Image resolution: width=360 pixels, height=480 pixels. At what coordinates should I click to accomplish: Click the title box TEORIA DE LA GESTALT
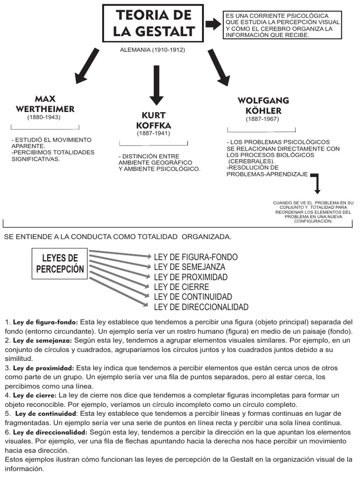[153, 23]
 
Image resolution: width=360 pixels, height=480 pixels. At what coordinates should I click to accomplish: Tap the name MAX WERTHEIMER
[45, 104]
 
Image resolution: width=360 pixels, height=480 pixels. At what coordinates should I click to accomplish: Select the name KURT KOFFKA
[153, 120]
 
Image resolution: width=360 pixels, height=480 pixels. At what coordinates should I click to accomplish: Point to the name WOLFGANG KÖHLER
[263, 106]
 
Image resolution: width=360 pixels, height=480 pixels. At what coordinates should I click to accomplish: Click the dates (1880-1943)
[44, 117]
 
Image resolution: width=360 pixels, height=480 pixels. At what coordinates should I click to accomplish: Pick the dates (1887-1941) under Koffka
[153, 134]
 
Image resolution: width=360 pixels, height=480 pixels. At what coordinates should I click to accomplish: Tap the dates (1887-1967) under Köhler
[262, 119]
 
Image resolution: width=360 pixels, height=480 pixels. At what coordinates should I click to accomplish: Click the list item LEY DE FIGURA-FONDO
[195, 257]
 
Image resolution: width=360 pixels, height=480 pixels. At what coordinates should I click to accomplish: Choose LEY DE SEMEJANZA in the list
[189, 267]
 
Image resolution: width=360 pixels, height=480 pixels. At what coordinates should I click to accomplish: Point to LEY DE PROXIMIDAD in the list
[191, 277]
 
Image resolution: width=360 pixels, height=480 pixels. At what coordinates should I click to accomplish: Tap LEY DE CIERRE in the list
[181, 287]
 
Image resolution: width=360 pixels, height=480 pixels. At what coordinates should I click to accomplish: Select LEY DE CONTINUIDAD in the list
[193, 297]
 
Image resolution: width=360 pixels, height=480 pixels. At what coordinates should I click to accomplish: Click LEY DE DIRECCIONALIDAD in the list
[201, 307]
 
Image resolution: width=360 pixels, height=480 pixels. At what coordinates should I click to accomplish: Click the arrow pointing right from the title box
[213, 24]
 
